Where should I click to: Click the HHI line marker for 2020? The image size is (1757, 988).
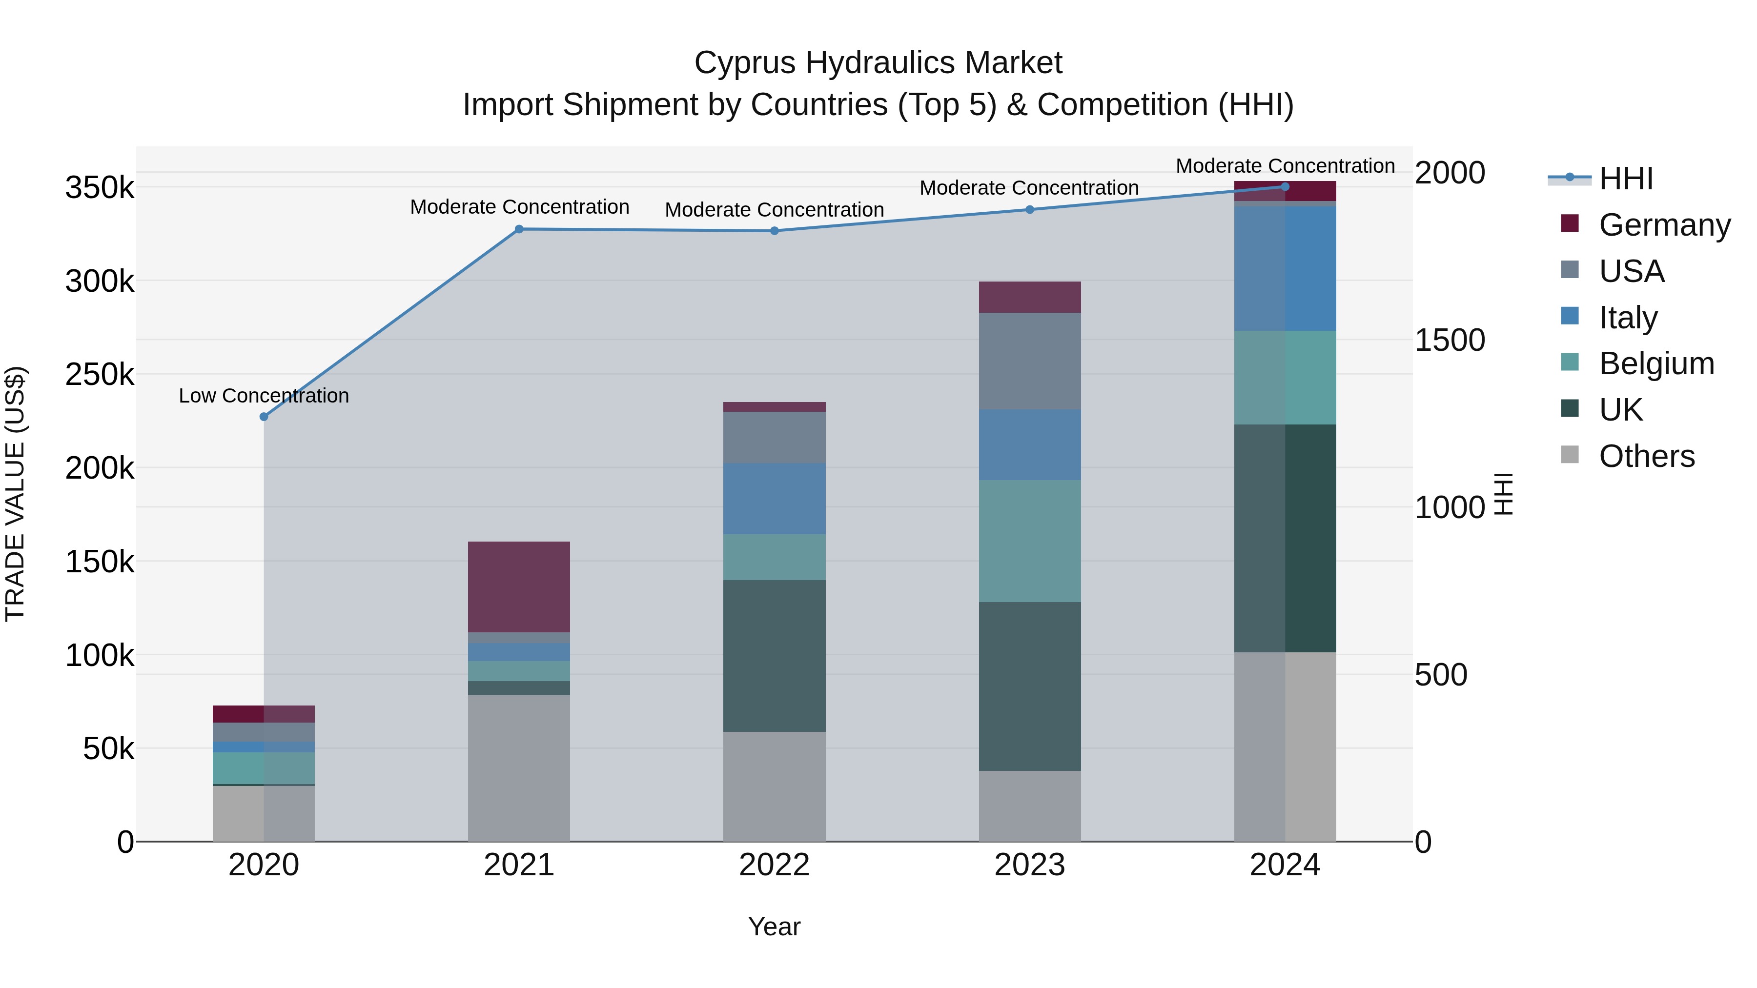click(x=264, y=417)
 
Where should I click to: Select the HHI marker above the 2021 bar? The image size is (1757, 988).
click(x=519, y=229)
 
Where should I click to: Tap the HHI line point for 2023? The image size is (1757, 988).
click(x=1030, y=209)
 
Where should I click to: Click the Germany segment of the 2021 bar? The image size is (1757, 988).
click(x=519, y=586)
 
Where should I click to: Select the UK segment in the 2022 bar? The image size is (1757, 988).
click(x=774, y=655)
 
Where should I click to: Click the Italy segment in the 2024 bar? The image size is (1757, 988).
click(x=1285, y=269)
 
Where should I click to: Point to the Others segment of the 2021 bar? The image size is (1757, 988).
click(x=519, y=768)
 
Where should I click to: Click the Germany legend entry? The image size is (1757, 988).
click(x=1664, y=225)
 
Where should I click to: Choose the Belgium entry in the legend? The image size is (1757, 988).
click(x=1656, y=363)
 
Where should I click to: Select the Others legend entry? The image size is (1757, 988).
click(x=1647, y=456)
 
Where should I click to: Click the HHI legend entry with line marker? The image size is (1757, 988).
click(x=1626, y=179)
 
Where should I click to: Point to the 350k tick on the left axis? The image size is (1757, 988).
click(x=100, y=187)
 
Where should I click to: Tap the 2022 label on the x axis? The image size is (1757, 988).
click(x=774, y=865)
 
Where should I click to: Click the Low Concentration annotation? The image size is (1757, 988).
click(x=264, y=396)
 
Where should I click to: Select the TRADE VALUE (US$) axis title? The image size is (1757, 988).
click(x=15, y=494)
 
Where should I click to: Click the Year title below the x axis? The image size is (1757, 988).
click(x=774, y=927)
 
